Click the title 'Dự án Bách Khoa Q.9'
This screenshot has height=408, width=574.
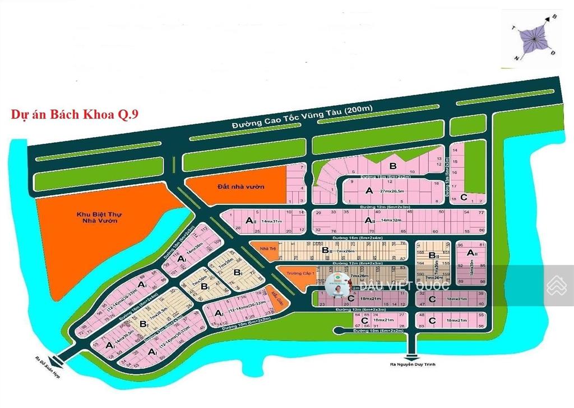coord(75,115)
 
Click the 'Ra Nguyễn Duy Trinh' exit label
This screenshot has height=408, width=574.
coord(413,364)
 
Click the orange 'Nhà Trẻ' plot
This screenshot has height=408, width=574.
coord(262,248)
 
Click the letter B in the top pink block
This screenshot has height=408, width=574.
coord(393,166)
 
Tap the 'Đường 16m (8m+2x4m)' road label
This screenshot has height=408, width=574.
coord(358,238)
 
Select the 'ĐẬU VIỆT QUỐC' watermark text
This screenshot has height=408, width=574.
coord(405,285)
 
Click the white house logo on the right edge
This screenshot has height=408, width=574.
coord(557,285)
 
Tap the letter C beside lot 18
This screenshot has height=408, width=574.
coord(464,197)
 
